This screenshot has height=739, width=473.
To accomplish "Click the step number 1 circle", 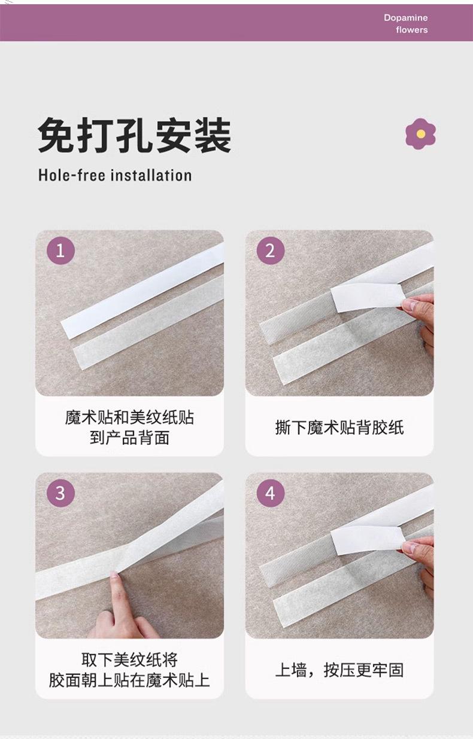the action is (x=60, y=251).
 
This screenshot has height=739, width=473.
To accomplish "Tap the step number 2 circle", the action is (x=271, y=251).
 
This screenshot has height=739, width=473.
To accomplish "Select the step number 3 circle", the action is (x=60, y=493).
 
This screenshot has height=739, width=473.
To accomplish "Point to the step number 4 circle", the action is (x=271, y=493).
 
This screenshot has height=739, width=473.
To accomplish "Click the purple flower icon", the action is (x=420, y=133).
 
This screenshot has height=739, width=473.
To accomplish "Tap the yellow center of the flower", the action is (x=420, y=133).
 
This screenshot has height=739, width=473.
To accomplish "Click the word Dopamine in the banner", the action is (x=405, y=18).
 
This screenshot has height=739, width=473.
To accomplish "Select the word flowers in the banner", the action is (x=412, y=30).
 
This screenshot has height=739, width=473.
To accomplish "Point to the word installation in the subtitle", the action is (x=151, y=175).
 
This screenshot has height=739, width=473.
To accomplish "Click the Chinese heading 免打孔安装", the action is (x=135, y=135).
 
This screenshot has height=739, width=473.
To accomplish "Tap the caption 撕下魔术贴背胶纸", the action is (x=339, y=427).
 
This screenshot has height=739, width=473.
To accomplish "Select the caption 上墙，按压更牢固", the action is (x=339, y=670).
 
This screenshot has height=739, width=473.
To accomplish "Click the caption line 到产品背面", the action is (x=129, y=438).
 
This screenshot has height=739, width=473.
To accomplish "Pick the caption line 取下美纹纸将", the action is (x=129, y=660).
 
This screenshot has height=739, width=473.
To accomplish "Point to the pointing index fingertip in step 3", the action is (x=114, y=575).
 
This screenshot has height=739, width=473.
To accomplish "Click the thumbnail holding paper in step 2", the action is (x=408, y=305).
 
